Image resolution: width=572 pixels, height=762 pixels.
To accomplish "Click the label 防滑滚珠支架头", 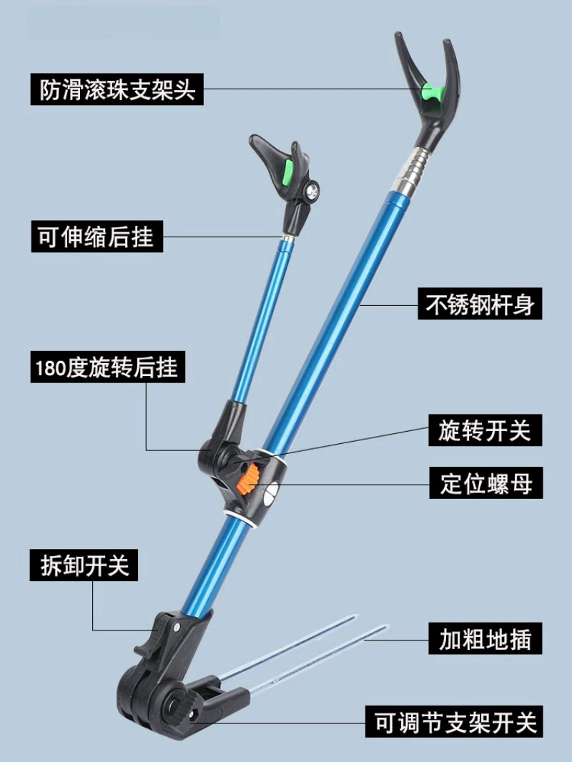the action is (117, 89).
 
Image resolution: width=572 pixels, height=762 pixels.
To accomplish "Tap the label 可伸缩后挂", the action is (97, 237).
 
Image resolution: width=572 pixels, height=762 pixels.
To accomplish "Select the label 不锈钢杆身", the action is (480, 304).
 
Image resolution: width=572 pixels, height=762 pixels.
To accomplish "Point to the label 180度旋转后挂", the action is (108, 367).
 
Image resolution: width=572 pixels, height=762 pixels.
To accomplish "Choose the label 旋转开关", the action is (485, 430).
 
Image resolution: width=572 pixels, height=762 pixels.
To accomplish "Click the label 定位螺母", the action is (486, 483).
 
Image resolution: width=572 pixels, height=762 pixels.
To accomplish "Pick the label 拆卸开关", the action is (84, 565).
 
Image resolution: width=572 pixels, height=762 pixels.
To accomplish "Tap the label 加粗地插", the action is (485, 638).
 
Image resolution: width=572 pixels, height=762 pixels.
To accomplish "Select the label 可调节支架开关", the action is (455, 722).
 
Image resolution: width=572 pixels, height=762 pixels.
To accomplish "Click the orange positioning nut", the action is (249, 480).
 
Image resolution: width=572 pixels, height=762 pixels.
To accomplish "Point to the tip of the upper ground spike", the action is (356, 616).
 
